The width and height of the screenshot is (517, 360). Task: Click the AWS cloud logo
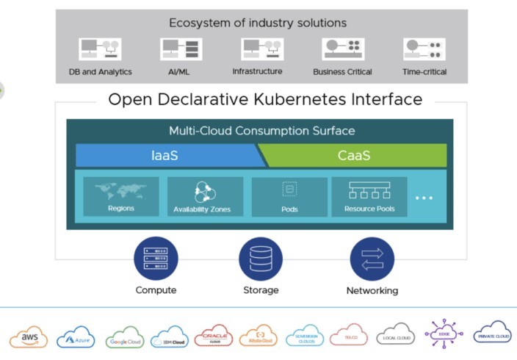coord(29,336)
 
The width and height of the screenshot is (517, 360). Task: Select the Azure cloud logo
coord(76,337)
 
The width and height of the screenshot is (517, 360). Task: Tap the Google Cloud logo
coord(124,339)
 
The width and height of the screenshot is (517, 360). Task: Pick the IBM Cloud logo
coord(170,339)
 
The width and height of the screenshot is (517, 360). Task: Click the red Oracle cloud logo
coord(214,336)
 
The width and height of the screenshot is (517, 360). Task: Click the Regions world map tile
coord(120,196)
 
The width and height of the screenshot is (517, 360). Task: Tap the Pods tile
coord(289,196)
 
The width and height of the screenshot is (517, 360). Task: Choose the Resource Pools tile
coord(369,196)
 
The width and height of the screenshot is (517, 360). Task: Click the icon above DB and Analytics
coord(100,49)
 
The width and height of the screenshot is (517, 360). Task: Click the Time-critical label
coord(424,72)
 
